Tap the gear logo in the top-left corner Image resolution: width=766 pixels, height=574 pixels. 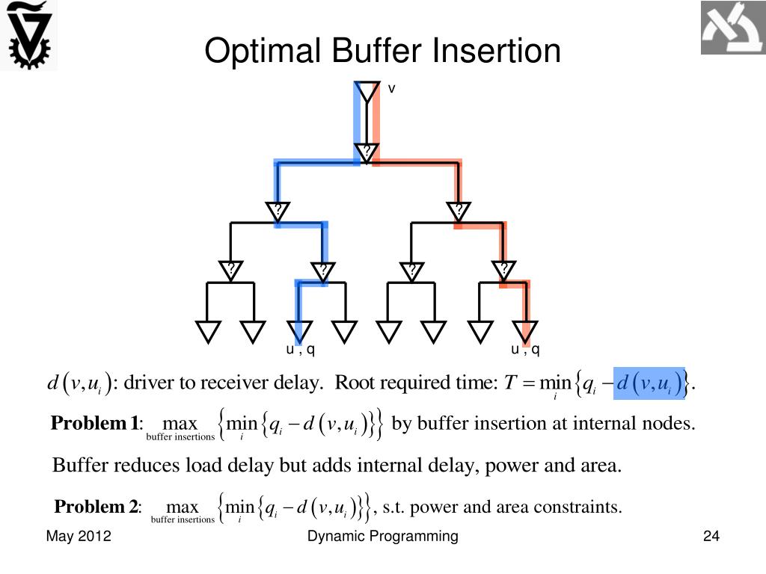point(28,35)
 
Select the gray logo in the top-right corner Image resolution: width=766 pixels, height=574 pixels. point(732,28)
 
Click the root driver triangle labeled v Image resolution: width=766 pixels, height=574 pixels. point(367,92)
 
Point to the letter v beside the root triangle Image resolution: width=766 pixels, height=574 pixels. point(390,89)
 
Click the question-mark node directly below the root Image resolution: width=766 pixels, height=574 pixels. point(367,152)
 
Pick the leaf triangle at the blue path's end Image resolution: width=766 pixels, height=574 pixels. point(298,330)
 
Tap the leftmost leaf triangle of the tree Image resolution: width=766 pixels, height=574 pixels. point(208,330)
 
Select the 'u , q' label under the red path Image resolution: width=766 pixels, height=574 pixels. point(525,349)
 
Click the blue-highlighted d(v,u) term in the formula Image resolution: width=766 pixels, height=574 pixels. point(649,384)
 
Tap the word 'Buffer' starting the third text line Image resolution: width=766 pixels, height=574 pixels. point(79,466)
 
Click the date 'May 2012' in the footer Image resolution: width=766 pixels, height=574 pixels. point(79,536)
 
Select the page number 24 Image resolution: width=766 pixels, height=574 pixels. point(711,536)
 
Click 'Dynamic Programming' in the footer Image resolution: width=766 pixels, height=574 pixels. point(383,536)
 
